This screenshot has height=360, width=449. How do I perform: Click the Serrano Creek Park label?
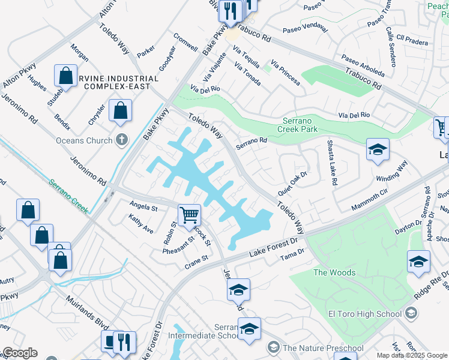tap(300, 124)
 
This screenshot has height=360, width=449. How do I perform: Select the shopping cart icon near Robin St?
tap(189, 214)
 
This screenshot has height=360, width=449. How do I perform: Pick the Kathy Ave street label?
tap(141, 225)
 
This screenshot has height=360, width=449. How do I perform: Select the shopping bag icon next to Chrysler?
tap(120, 111)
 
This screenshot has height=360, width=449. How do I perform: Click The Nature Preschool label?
tap(323, 348)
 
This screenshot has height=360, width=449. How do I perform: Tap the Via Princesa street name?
tap(285, 73)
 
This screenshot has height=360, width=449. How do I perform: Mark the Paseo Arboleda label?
tap(363, 66)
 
